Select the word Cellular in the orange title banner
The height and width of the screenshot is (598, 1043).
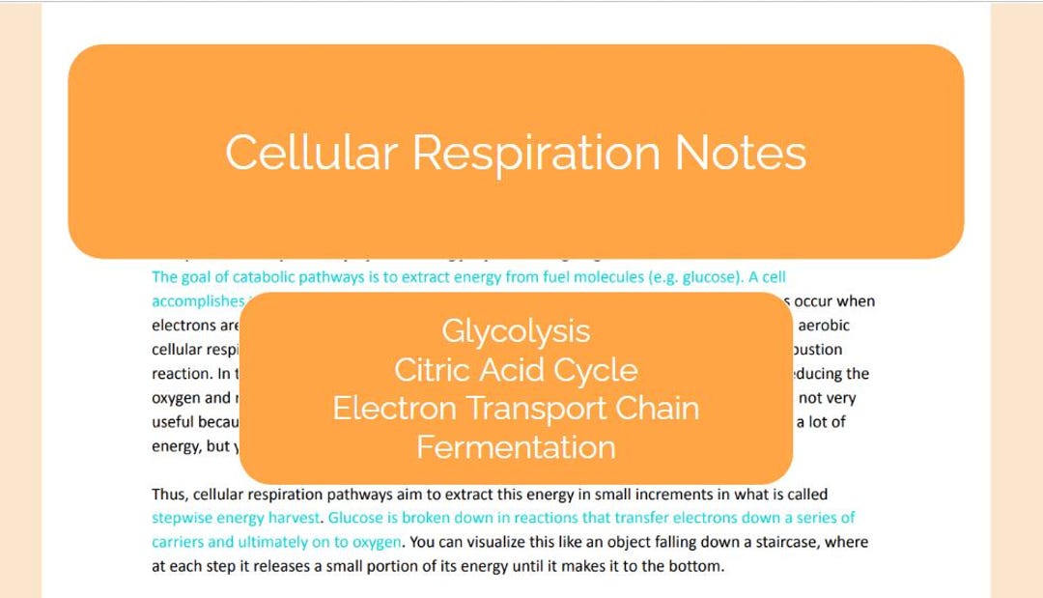pyautogui.click(x=311, y=153)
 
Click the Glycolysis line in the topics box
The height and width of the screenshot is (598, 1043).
pyautogui.click(x=516, y=331)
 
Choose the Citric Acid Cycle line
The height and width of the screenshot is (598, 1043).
pyautogui.click(x=516, y=370)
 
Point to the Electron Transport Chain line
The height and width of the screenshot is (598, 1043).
pyautogui.click(x=516, y=409)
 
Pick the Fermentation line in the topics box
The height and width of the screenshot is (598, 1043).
pyautogui.click(x=516, y=447)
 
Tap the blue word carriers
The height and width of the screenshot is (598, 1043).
pyautogui.click(x=177, y=542)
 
